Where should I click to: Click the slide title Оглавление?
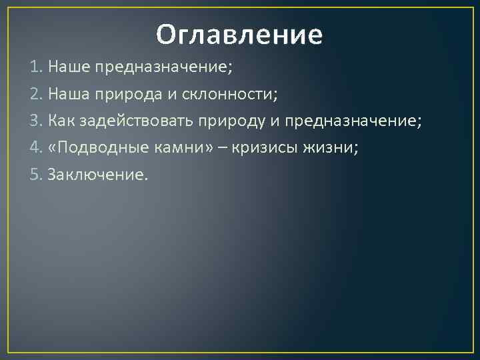239,35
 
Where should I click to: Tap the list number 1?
35,67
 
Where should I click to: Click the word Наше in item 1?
69,67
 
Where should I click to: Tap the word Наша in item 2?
69,94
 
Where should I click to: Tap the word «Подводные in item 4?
91,148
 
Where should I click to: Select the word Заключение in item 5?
99,175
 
